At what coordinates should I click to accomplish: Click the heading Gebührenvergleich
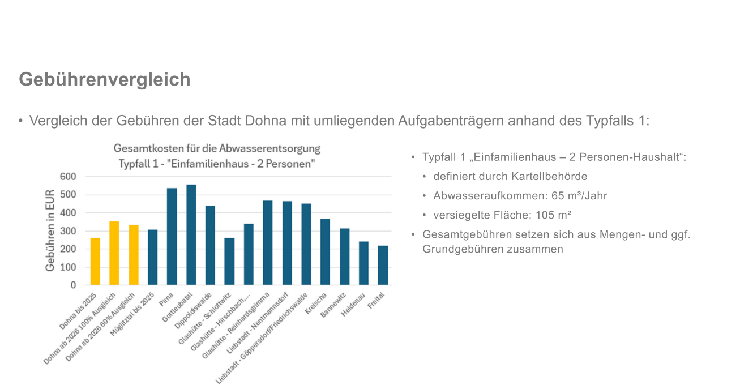pyautogui.click(x=105, y=79)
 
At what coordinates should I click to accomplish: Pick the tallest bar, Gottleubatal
pyautogui.click(x=191, y=234)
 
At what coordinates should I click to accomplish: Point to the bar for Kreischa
pyautogui.click(x=326, y=252)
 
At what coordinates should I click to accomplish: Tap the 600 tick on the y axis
pyautogui.click(x=68, y=177)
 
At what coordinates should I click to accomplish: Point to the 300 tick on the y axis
pyautogui.click(x=68, y=231)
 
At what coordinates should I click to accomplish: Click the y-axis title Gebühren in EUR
pyautogui.click(x=50, y=230)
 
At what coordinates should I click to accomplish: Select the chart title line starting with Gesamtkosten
pyautogui.click(x=217, y=149)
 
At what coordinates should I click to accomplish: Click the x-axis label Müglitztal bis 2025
pyautogui.click(x=133, y=314)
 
